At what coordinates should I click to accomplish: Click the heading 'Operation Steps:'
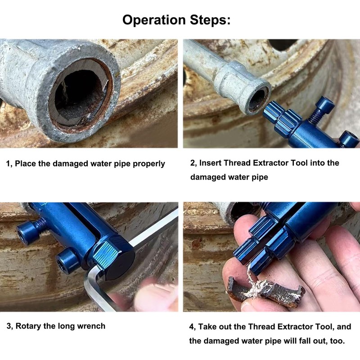[x=176, y=20]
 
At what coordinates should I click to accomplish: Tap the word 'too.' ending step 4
[x=337, y=341]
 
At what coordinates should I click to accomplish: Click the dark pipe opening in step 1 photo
[x=79, y=92]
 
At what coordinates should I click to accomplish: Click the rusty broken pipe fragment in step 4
[x=265, y=292]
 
